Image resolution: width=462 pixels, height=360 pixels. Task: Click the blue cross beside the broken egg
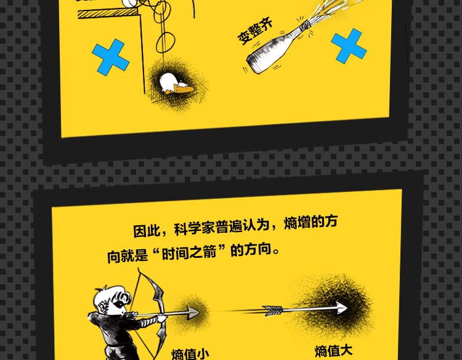click(x=110, y=57)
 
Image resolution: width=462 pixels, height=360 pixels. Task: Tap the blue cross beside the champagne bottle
click(x=349, y=46)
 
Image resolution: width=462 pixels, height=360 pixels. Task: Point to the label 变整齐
click(x=255, y=31)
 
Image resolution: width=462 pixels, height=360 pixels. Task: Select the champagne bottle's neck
click(x=298, y=33)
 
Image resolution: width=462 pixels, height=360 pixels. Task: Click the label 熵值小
click(x=190, y=354)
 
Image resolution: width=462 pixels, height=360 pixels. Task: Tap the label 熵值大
click(x=333, y=351)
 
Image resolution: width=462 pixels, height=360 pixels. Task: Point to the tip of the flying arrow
click(x=347, y=307)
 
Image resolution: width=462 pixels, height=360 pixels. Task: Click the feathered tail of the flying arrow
click(x=272, y=311)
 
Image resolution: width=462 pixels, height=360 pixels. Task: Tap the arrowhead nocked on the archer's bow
click(x=193, y=313)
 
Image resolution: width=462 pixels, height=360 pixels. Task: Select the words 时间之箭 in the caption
click(x=189, y=253)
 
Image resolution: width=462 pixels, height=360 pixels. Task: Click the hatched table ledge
click(x=107, y=14)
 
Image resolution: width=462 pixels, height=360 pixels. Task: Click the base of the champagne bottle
click(x=254, y=63)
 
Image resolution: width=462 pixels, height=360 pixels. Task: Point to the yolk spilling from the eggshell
click(x=183, y=88)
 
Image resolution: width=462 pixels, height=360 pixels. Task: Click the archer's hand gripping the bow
click(x=162, y=318)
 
